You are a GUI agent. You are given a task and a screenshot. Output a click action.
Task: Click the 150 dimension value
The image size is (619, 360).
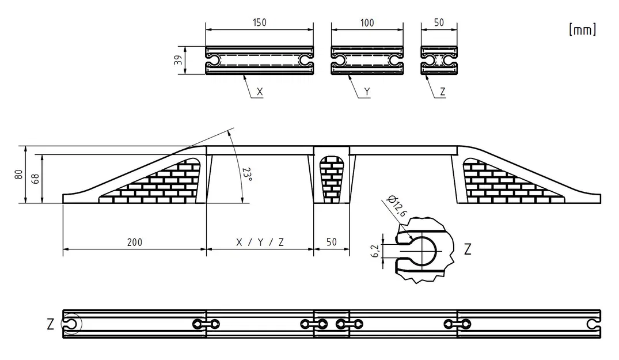259,22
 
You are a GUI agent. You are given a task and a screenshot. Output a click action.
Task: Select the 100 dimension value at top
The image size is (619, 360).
366,22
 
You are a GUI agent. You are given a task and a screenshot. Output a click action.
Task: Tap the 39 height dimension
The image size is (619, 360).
179,60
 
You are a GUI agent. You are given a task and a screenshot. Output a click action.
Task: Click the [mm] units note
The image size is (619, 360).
582,30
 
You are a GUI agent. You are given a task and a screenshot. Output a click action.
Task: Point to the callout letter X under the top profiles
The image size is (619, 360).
259,91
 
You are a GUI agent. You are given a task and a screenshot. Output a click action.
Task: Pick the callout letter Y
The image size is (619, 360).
367,91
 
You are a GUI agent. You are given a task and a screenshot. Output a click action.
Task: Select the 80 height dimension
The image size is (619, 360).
19,175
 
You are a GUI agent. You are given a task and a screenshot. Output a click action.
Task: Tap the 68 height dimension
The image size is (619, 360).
35,179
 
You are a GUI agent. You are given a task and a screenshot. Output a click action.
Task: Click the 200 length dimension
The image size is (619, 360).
134,242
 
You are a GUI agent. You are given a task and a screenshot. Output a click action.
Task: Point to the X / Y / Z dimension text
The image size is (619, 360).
260,242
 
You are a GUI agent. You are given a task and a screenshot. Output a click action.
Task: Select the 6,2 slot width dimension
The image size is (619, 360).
375,251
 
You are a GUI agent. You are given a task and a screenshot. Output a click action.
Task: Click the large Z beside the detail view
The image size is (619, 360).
468,249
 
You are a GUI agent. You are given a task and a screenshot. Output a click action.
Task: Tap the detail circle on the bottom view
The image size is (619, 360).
70,324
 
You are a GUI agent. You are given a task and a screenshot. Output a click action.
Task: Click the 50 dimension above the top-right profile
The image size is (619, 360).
439,22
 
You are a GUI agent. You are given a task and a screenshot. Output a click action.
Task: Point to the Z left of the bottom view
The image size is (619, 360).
51,324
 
